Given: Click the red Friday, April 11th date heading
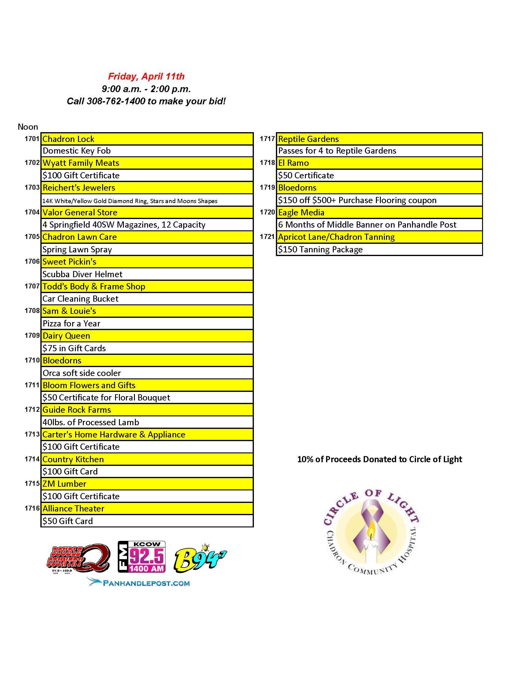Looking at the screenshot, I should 146,76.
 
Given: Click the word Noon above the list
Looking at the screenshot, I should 28,127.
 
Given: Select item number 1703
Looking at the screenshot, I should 32,187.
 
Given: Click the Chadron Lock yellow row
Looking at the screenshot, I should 147,139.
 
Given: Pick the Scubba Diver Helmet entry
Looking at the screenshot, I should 82,274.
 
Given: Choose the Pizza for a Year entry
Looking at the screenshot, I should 72,323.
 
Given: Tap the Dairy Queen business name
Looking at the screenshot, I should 66,336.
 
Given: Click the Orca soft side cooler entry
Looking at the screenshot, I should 82,373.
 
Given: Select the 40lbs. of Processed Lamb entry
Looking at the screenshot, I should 91,422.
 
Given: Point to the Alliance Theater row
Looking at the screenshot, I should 147,508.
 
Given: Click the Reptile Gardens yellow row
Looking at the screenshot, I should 379,139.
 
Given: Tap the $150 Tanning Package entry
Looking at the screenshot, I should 320,249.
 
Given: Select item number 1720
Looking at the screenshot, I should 267,212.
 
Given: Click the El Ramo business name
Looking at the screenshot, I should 293,163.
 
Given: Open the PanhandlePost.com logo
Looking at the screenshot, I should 138,582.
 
